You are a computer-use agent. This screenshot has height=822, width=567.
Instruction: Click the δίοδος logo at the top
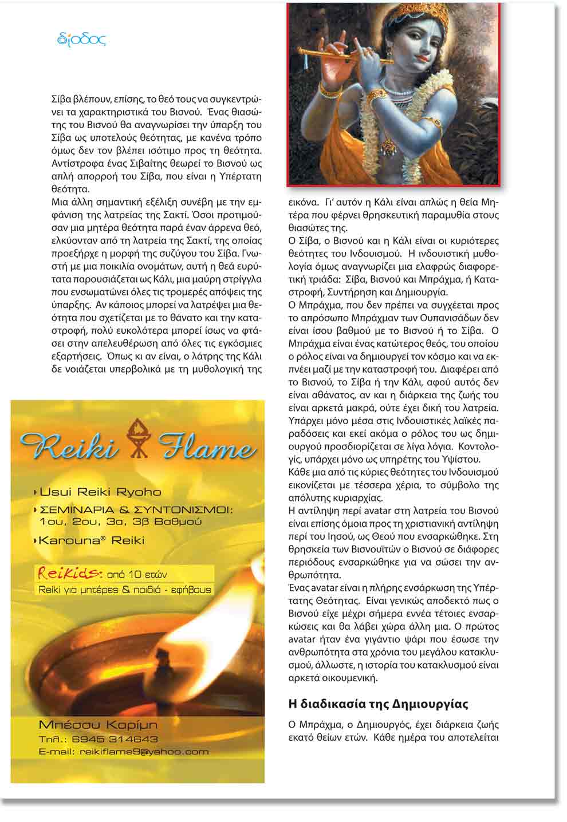(82, 39)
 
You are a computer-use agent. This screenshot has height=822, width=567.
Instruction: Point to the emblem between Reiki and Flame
(137, 437)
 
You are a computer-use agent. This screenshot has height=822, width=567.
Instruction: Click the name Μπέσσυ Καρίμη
(98, 725)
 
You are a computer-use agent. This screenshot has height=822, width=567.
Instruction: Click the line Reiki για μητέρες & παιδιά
(124, 589)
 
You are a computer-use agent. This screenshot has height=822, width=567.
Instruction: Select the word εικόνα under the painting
(302, 202)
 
